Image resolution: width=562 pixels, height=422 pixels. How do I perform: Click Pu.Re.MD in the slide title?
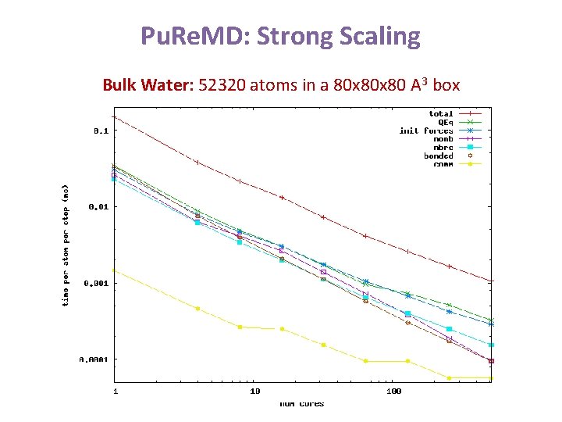[x=191, y=36]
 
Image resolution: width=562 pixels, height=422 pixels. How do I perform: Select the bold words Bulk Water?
[x=147, y=84]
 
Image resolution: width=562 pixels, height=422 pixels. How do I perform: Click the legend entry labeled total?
[x=441, y=113]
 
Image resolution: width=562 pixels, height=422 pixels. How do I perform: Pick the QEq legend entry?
[x=445, y=122]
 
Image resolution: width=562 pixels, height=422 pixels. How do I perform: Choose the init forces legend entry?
[x=426, y=131]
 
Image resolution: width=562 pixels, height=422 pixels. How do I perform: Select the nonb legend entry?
[x=443, y=139]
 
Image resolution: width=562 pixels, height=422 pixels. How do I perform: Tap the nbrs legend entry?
[x=443, y=147]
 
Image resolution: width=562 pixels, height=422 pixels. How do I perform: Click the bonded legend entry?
[x=439, y=156]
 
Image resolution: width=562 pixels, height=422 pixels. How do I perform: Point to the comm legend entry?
[x=443, y=164]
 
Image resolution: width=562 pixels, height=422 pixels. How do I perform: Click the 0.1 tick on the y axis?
[x=100, y=131]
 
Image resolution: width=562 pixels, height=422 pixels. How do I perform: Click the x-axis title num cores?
[x=302, y=403]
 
